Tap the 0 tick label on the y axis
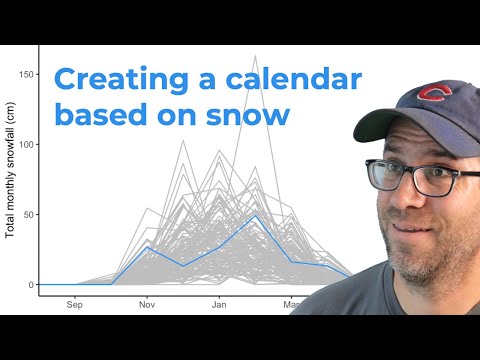click(32, 284)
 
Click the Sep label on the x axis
click(74, 304)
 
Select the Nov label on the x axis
click(147, 304)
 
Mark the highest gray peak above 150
click(255, 56)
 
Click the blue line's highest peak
click(255, 215)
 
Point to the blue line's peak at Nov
click(147, 247)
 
